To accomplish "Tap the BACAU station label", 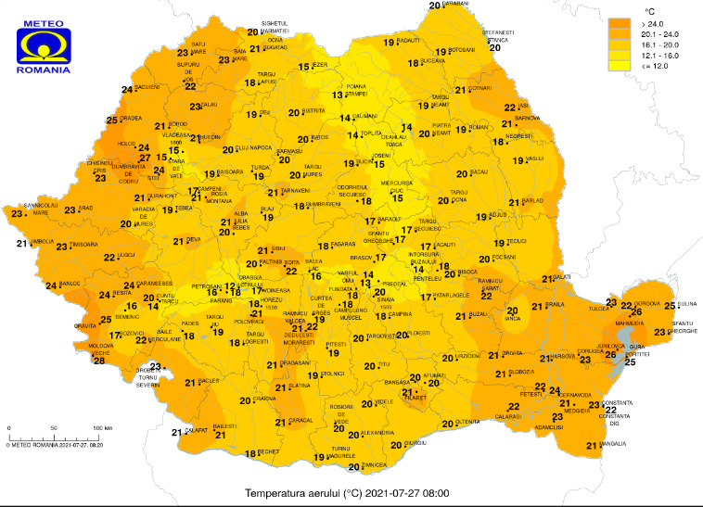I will [479, 172].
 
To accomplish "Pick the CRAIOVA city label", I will [265, 399].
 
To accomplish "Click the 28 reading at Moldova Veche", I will [99, 361].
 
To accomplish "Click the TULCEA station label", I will [598, 311].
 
